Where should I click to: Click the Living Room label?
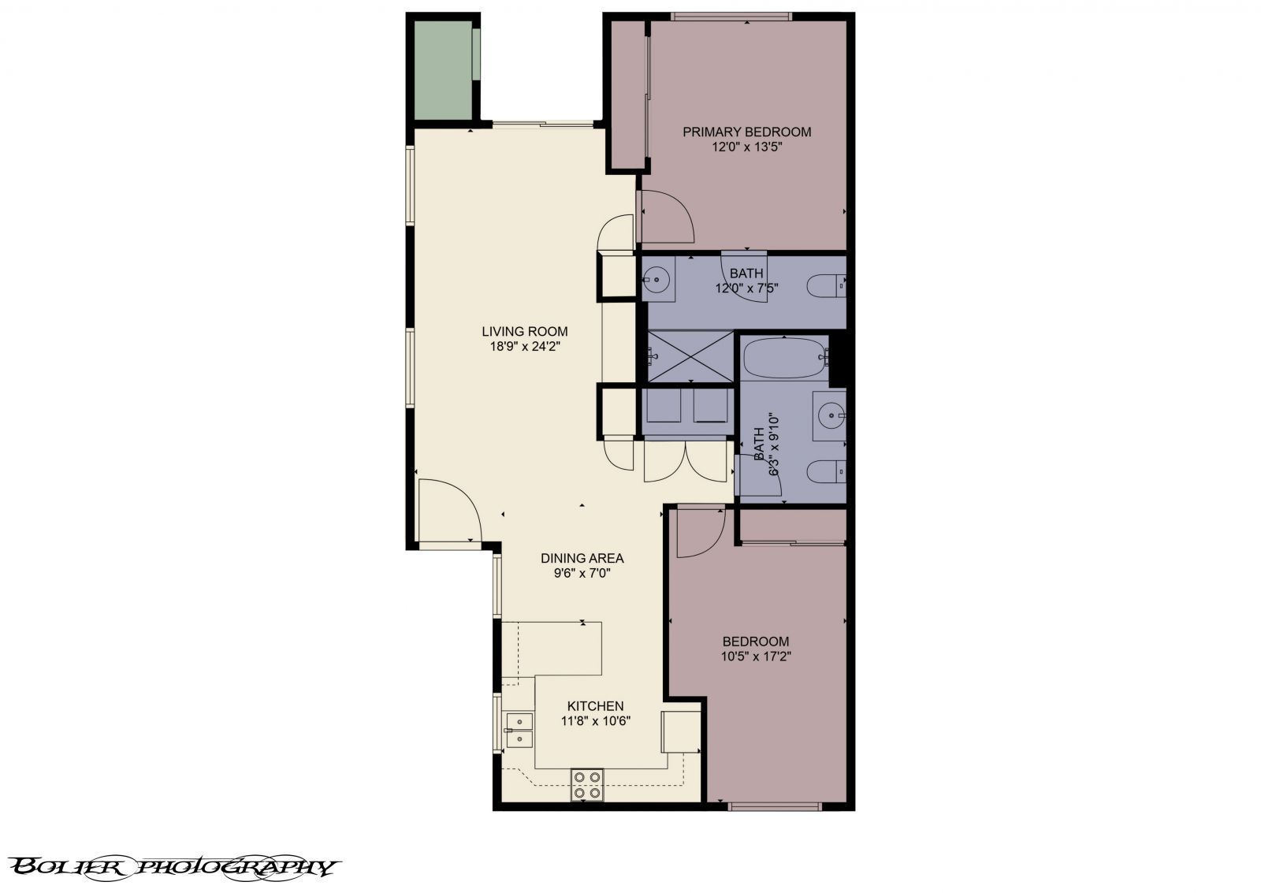(x=524, y=332)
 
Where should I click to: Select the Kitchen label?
(x=595, y=706)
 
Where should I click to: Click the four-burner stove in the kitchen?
(x=587, y=785)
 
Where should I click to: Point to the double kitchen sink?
(x=519, y=730)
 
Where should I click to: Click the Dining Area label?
(x=582, y=558)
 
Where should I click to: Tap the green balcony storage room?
(x=443, y=71)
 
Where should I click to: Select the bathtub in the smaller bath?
(x=784, y=359)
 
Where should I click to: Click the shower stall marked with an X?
(x=690, y=357)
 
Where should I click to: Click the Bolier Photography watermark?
(x=175, y=867)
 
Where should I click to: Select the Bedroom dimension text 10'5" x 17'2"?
(x=755, y=656)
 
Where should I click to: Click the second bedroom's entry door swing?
(x=699, y=532)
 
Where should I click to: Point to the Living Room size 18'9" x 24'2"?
(x=524, y=345)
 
